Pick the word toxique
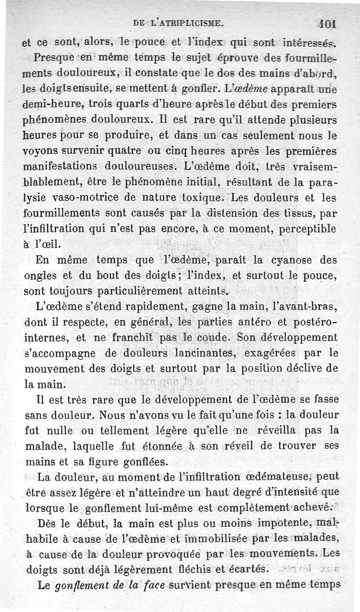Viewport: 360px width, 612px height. [198, 197]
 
